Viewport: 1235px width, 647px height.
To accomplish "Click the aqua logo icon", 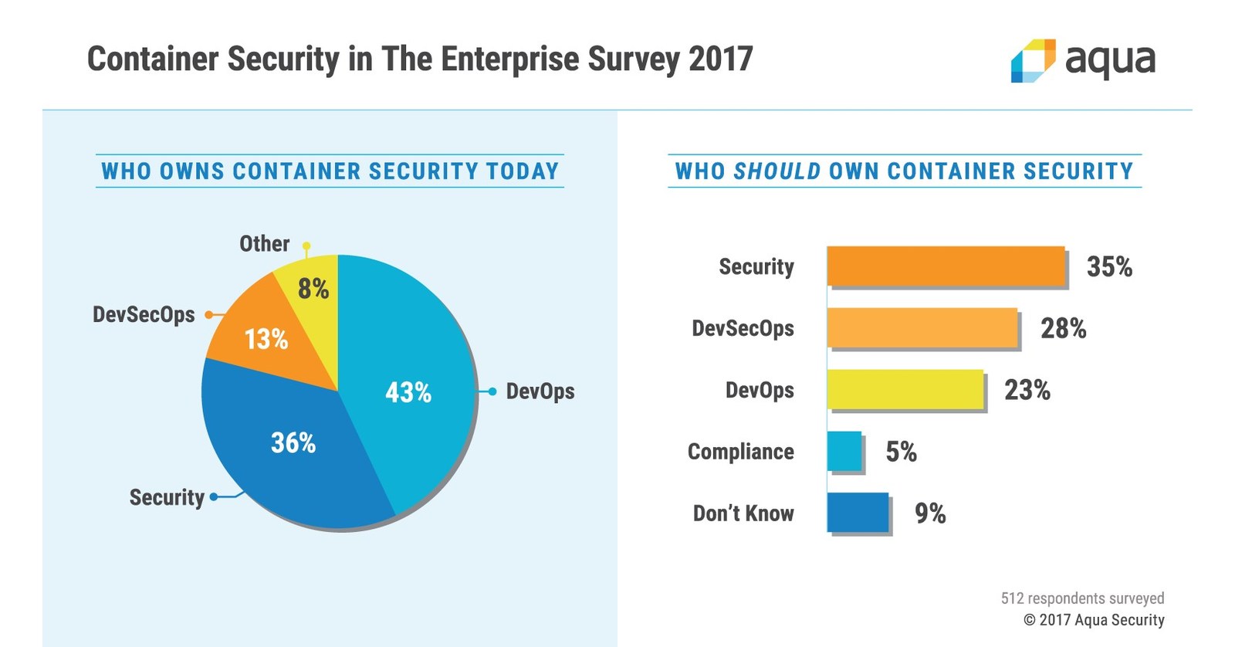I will [x=1032, y=60].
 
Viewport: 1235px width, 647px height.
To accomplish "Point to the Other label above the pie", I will [x=264, y=244].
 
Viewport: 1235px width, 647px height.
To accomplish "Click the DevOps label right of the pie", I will [x=540, y=391].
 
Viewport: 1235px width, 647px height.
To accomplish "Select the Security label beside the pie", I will [x=167, y=497].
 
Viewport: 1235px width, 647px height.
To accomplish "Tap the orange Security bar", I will [x=946, y=266].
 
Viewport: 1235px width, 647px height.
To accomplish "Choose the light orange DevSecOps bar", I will [x=922, y=328].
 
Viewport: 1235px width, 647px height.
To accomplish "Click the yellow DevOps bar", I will [x=905, y=390].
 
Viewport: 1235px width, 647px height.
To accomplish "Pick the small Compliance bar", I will [x=844, y=452].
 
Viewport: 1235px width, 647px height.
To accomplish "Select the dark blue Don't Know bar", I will [x=858, y=513].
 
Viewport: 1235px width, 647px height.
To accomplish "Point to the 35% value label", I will [x=1109, y=267].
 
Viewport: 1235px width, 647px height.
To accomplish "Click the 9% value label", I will [x=930, y=513].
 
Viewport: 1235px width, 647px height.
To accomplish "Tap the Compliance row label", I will [x=740, y=452].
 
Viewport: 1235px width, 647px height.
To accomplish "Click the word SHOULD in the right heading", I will [x=777, y=171].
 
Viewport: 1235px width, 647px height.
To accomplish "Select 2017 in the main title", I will [x=720, y=59].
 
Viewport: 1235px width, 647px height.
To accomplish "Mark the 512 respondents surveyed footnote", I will [x=1082, y=598].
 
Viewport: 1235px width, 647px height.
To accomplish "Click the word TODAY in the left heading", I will [x=523, y=171].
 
